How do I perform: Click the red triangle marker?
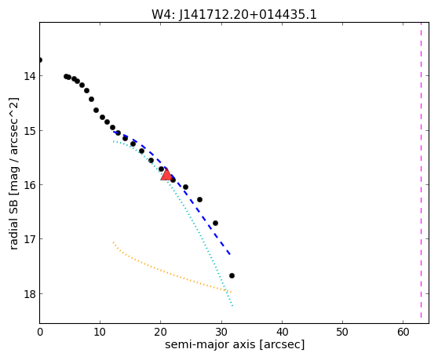click(166, 175)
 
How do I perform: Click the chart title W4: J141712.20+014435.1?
click(234, 14)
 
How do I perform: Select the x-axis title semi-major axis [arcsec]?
click(235, 344)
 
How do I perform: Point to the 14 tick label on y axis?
click(29, 76)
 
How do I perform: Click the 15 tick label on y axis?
click(29, 131)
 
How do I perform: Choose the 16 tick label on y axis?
click(29, 185)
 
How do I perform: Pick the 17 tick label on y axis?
click(29, 239)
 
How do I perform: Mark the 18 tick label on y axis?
click(29, 294)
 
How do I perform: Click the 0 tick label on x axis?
click(40, 332)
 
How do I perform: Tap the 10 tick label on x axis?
click(100, 332)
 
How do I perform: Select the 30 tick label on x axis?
click(221, 332)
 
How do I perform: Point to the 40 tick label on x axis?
click(282, 332)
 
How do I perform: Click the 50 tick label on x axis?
click(342, 332)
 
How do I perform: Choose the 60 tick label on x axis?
click(403, 332)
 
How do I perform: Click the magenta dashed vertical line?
click(421, 170)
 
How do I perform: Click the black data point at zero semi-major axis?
click(40, 60)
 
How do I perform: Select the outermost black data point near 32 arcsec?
click(232, 276)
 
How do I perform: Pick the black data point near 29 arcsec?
click(215, 223)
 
